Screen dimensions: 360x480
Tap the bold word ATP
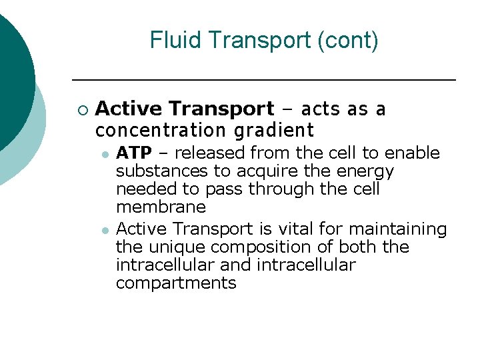(134, 153)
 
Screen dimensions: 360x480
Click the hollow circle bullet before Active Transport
(82, 109)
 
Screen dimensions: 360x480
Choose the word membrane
(161, 207)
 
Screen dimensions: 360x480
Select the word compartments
(176, 283)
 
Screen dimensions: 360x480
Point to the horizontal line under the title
(263, 80)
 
